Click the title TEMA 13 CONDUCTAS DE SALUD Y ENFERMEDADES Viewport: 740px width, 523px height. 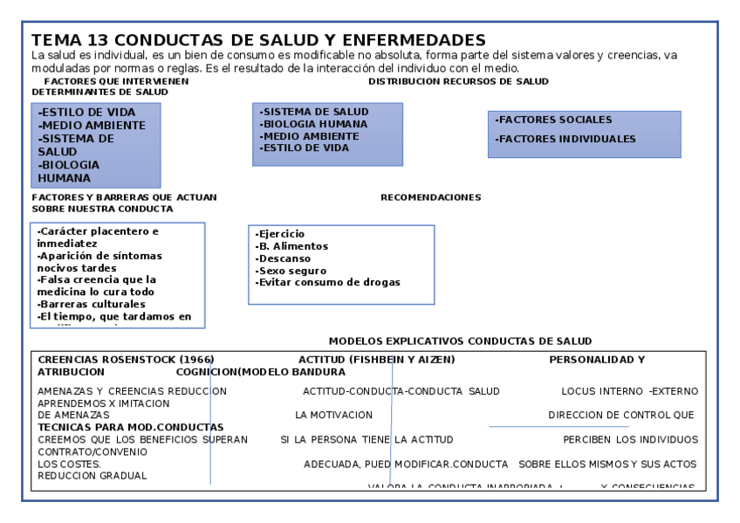(258, 40)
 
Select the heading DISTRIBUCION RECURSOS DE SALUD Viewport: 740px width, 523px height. (458, 81)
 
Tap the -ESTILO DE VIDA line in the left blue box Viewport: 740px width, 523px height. (87, 113)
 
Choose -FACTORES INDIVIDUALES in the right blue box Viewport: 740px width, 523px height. (565, 139)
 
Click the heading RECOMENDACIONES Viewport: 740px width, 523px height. (430, 197)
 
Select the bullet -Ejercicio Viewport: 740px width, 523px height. (280, 234)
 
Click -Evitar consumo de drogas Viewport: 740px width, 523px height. (327, 282)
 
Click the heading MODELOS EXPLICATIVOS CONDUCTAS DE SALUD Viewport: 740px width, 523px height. (460, 341)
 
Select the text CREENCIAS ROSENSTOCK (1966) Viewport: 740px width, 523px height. (127, 359)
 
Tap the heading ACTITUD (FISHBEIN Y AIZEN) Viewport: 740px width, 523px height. (376, 359)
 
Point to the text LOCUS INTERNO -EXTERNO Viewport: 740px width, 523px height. (629, 391)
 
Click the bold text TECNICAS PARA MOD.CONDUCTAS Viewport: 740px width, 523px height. (131, 427)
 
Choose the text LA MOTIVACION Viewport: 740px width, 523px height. (333, 415)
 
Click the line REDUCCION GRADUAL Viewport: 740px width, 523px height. (92, 476)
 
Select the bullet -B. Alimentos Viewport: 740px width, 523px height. (290, 246)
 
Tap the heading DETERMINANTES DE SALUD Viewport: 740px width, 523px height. (100, 92)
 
